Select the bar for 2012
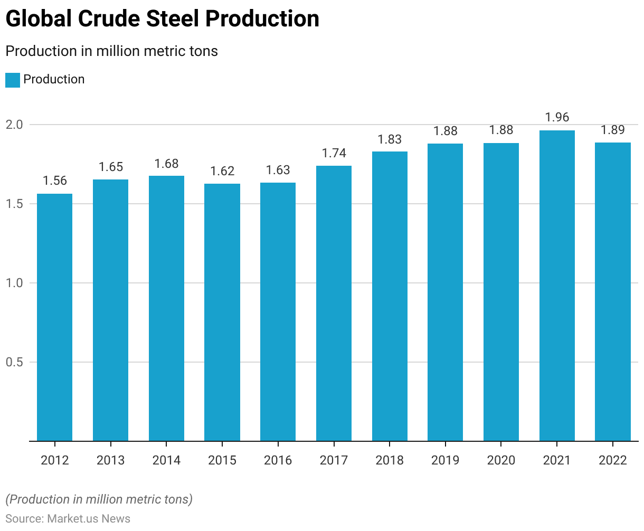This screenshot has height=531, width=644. click(54, 317)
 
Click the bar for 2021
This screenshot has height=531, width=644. click(557, 285)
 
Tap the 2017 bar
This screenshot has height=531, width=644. click(334, 304)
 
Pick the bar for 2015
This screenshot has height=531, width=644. click(222, 312)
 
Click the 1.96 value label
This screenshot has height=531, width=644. click(557, 117)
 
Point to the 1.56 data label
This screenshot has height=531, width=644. click(54, 181)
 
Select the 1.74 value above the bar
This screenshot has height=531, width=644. click(334, 153)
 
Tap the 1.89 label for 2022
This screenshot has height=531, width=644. click(613, 130)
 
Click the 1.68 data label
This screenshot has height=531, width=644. click(166, 164)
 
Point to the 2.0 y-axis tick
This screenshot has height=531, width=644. click(14, 125)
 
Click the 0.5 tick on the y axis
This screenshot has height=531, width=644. click(14, 362)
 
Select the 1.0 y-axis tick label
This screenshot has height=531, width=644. click(14, 283)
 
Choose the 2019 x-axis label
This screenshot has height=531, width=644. click(445, 460)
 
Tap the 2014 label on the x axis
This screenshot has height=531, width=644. click(166, 460)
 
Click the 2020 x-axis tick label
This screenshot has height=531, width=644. click(501, 460)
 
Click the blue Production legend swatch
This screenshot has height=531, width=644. click(13, 80)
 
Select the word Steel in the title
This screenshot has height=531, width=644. click(173, 19)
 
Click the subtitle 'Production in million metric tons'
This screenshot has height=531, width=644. click(111, 51)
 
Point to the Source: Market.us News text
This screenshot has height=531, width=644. click(68, 518)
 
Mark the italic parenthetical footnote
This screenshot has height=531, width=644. click(99, 499)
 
